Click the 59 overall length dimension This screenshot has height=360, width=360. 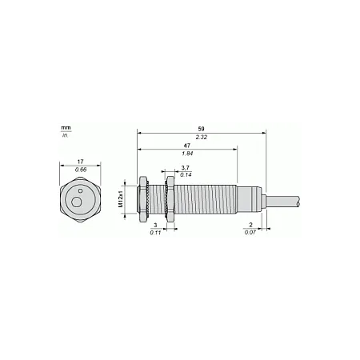pos(201,129)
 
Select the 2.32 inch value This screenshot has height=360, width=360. pos(202,138)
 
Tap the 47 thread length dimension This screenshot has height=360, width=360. pos(187,146)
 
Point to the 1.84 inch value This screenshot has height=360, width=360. pos(187,154)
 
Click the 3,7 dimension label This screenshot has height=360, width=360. pos(185,168)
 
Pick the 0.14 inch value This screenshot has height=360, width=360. pos(186,175)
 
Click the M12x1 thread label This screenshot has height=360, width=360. pos(121,199)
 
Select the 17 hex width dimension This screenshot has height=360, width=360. pos(80,162)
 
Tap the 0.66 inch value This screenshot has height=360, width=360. pos(81,170)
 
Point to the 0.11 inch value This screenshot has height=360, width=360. pos(155,233)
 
